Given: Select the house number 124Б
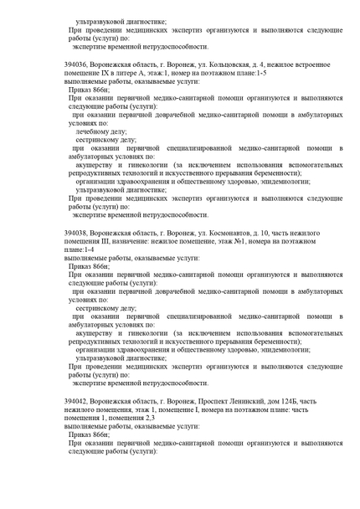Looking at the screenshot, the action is [x=290, y=400].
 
